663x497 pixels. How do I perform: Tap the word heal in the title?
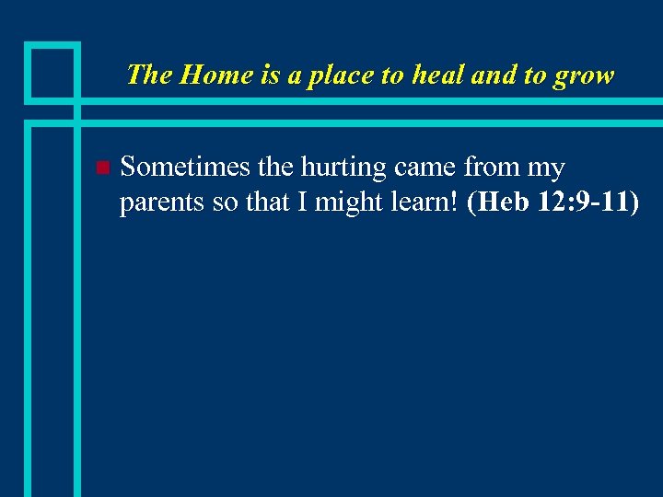436,75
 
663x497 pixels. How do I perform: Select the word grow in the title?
583,75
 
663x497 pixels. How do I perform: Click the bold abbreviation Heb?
500,202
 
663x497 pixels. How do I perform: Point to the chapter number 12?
551,202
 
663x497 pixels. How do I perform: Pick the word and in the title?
494,75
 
